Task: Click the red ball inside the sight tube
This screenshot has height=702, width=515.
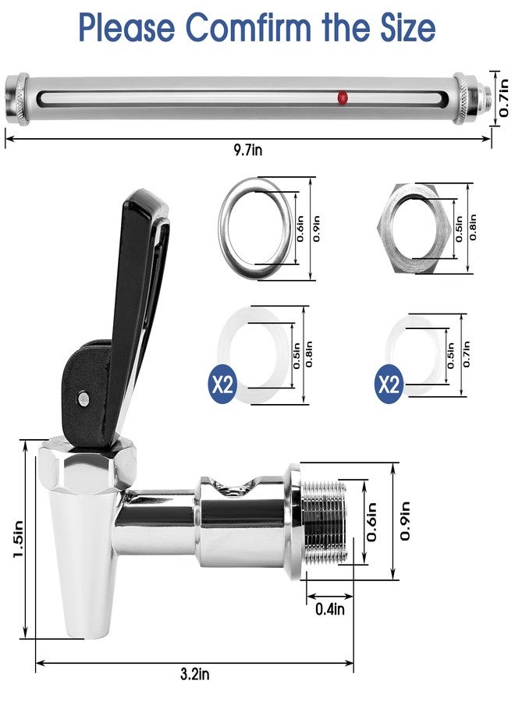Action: tap(342, 97)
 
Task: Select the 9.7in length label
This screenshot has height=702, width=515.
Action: tap(248, 150)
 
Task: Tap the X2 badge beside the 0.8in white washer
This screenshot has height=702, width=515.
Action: tap(225, 385)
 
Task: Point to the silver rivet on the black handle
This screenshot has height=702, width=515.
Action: tap(82, 399)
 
